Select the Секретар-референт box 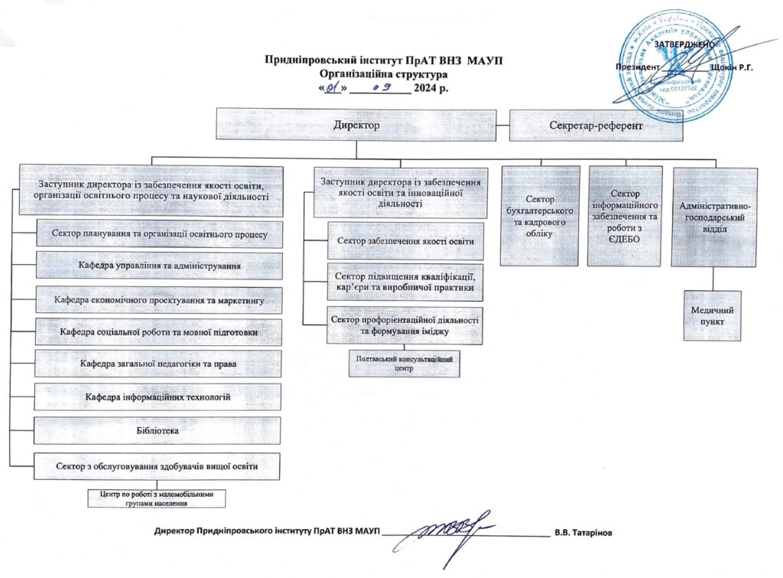tap(595, 124)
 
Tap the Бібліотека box tap(158, 431)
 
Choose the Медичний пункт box tap(713, 315)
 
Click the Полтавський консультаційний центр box tap(404, 363)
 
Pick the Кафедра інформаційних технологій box tap(158, 397)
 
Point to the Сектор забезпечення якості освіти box tap(405, 241)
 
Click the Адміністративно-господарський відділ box tap(714, 217)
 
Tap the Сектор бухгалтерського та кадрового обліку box tap(540, 216)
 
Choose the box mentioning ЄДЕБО tap(625, 216)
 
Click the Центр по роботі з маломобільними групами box tap(157, 498)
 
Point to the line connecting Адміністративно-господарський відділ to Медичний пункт tap(713, 279)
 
